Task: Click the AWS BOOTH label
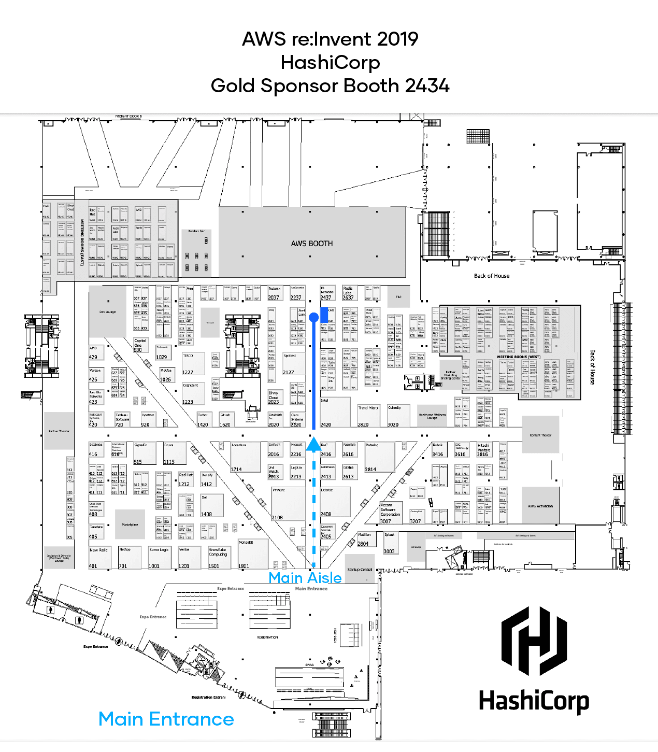(x=312, y=244)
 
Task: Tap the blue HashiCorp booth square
(x=324, y=314)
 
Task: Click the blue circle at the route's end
(x=313, y=317)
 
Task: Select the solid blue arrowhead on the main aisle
(x=313, y=444)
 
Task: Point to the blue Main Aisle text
(x=305, y=578)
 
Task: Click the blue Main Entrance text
(x=166, y=719)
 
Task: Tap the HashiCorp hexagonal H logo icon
(x=534, y=641)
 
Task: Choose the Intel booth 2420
(x=335, y=412)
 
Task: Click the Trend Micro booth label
(x=368, y=408)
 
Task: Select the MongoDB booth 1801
(x=253, y=555)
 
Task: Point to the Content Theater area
(x=540, y=435)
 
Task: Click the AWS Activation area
(x=540, y=506)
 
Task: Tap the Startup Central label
(x=360, y=570)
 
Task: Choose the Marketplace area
(x=130, y=524)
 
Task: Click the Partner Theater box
(x=59, y=431)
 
